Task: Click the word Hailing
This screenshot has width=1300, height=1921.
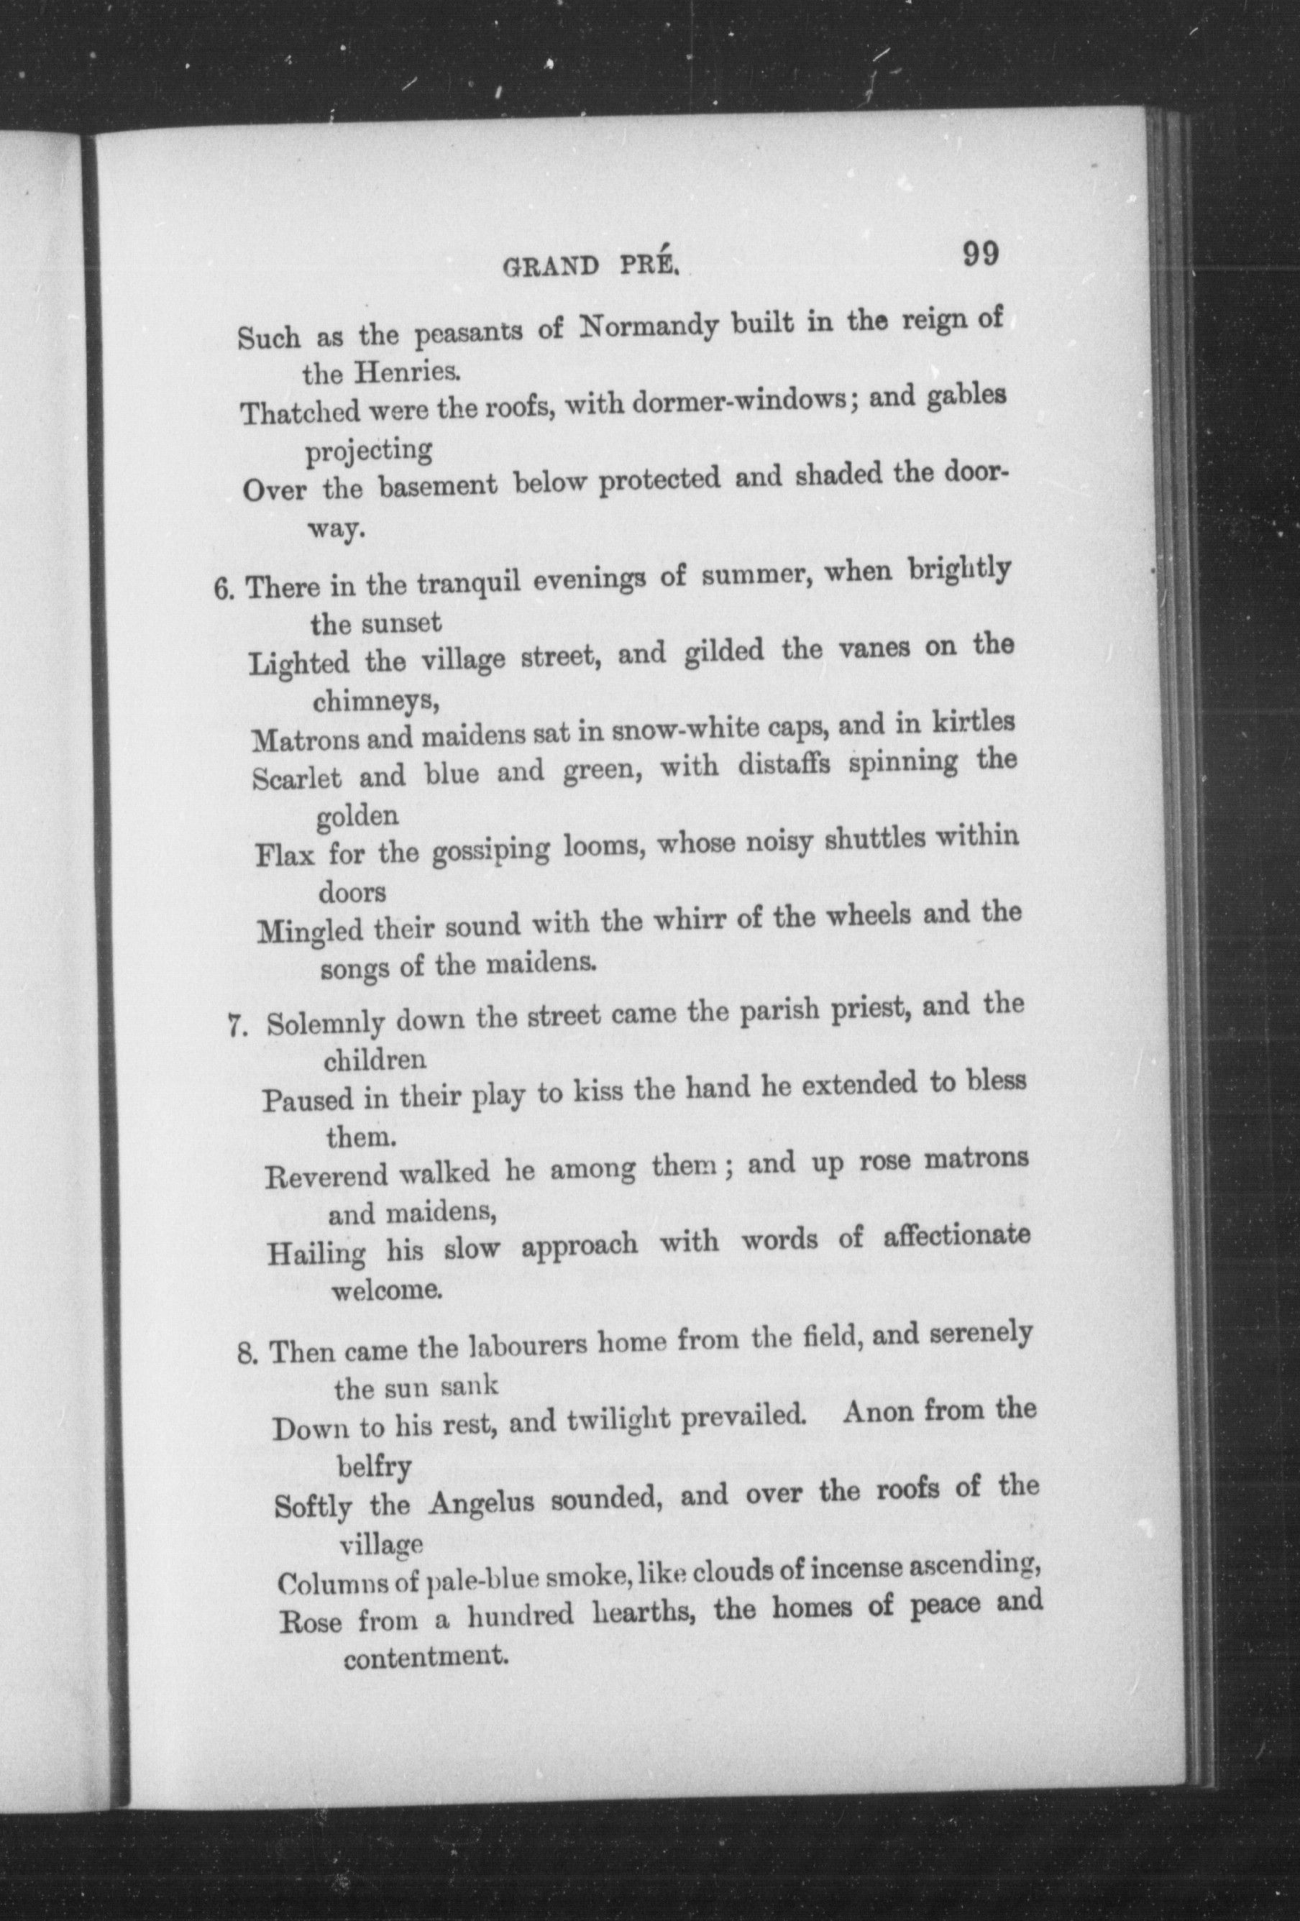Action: click(x=316, y=1254)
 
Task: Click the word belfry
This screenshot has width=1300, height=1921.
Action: click(x=375, y=1465)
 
